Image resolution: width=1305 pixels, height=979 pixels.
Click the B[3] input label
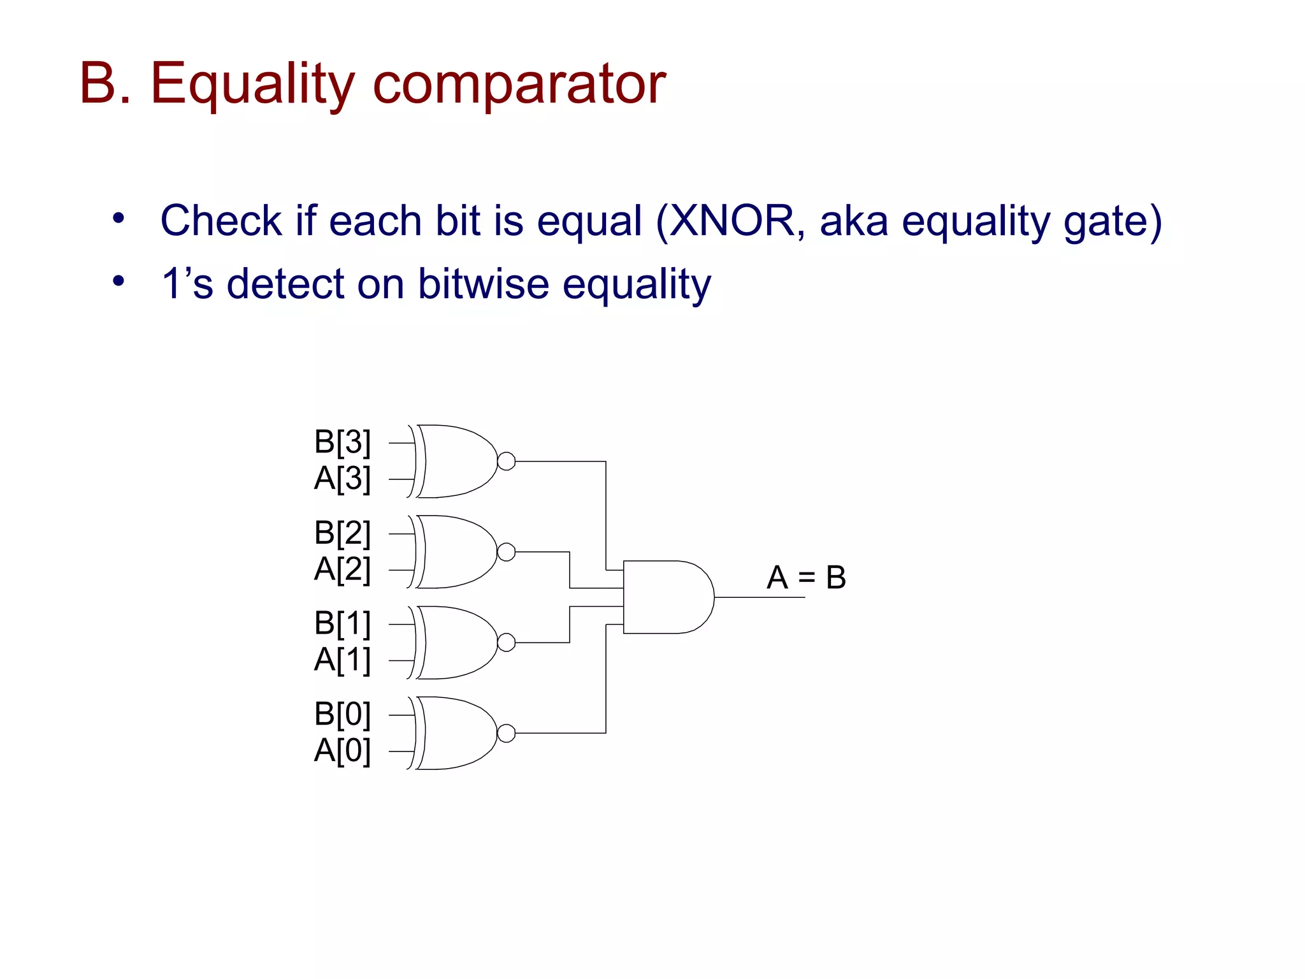(x=342, y=442)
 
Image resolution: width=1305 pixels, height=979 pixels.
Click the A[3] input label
(x=342, y=478)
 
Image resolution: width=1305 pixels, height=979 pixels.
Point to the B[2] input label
(x=342, y=532)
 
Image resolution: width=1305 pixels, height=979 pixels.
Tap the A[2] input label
(x=342, y=569)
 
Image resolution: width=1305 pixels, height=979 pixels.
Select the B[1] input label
(x=342, y=623)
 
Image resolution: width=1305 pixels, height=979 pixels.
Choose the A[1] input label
(x=342, y=660)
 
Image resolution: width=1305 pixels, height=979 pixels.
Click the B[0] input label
(x=342, y=714)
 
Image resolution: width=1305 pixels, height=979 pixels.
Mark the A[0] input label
(x=342, y=750)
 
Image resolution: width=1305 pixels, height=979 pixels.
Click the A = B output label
(x=806, y=577)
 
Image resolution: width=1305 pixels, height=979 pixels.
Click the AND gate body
(x=666, y=597)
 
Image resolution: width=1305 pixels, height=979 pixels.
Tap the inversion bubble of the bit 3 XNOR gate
(x=506, y=461)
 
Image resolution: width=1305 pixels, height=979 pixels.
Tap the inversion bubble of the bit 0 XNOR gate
(x=506, y=733)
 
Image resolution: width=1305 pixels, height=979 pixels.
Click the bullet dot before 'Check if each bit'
(x=119, y=219)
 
